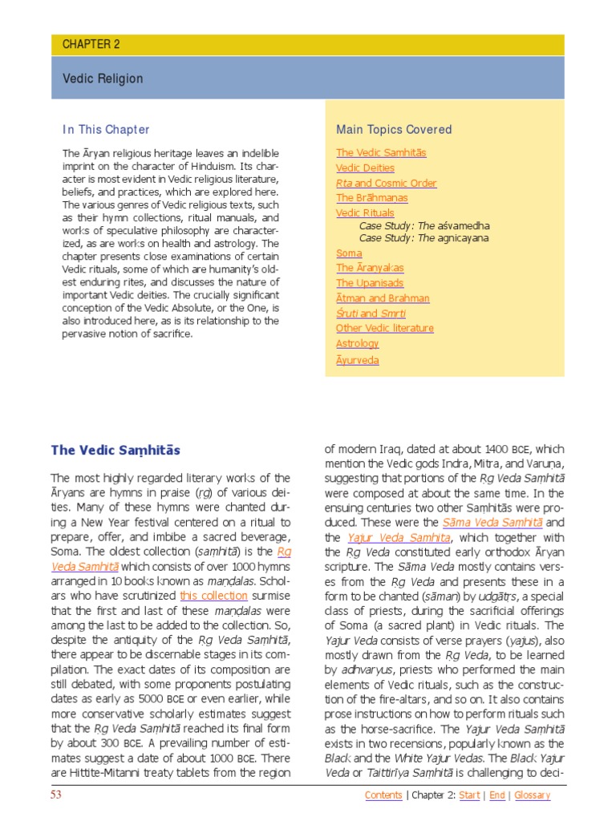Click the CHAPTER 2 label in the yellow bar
[91, 45]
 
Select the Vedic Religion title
[103, 79]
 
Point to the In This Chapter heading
[106, 129]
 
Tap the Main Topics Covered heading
[394, 129]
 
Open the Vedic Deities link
[365, 168]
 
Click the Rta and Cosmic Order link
[386, 183]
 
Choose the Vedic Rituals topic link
[365, 212]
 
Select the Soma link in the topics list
[349, 253]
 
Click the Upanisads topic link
[370, 283]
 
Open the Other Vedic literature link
[384, 328]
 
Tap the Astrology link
[357, 343]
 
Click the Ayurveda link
[357, 360]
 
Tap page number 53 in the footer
[56, 795]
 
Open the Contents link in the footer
[383, 795]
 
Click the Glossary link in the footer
[532, 795]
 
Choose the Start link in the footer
[469, 795]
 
